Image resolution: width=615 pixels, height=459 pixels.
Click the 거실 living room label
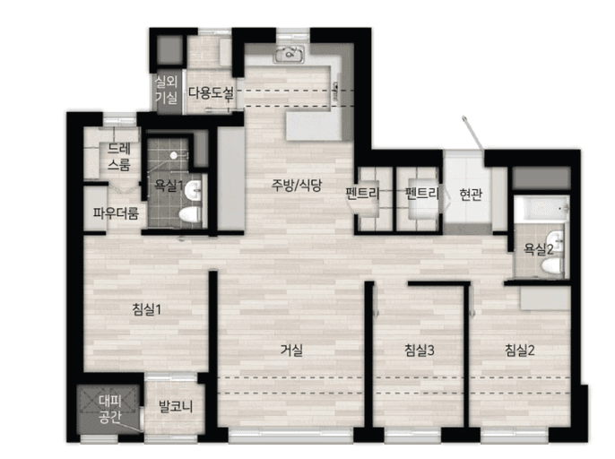click(x=291, y=350)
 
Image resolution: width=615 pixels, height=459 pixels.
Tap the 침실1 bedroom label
click(x=147, y=310)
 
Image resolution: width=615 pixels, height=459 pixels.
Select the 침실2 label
click(x=520, y=350)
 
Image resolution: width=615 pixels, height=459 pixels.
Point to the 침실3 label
click(x=420, y=350)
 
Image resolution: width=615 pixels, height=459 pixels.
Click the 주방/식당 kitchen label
click(x=297, y=185)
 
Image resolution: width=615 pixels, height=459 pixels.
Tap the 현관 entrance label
click(x=471, y=194)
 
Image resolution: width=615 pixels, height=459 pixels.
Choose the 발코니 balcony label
click(x=176, y=406)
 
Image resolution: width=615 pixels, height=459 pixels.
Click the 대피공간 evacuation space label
click(x=110, y=409)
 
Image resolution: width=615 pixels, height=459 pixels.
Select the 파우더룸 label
click(x=116, y=213)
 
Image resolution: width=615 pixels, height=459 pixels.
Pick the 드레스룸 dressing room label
click(x=119, y=157)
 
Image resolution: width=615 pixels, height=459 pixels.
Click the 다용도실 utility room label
click(x=211, y=93)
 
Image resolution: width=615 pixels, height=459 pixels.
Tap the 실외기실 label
click(x=167, y=90)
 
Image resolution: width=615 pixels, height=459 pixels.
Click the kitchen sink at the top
click(x=289, y=54)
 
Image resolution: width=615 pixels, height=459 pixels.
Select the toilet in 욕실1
click(x=190, y=215)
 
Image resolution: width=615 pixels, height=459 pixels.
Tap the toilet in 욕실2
click(x=551, y=265)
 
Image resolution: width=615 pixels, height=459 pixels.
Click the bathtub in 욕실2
click(x=541, y=209)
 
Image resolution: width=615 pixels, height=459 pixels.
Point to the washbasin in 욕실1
click(x=193, y=191)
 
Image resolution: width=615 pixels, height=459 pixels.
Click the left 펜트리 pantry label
click(x=362, y=194)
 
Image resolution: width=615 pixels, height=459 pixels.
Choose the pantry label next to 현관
click(x=422, y=194)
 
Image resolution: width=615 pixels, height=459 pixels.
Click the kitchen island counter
click(x=314, y=126)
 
